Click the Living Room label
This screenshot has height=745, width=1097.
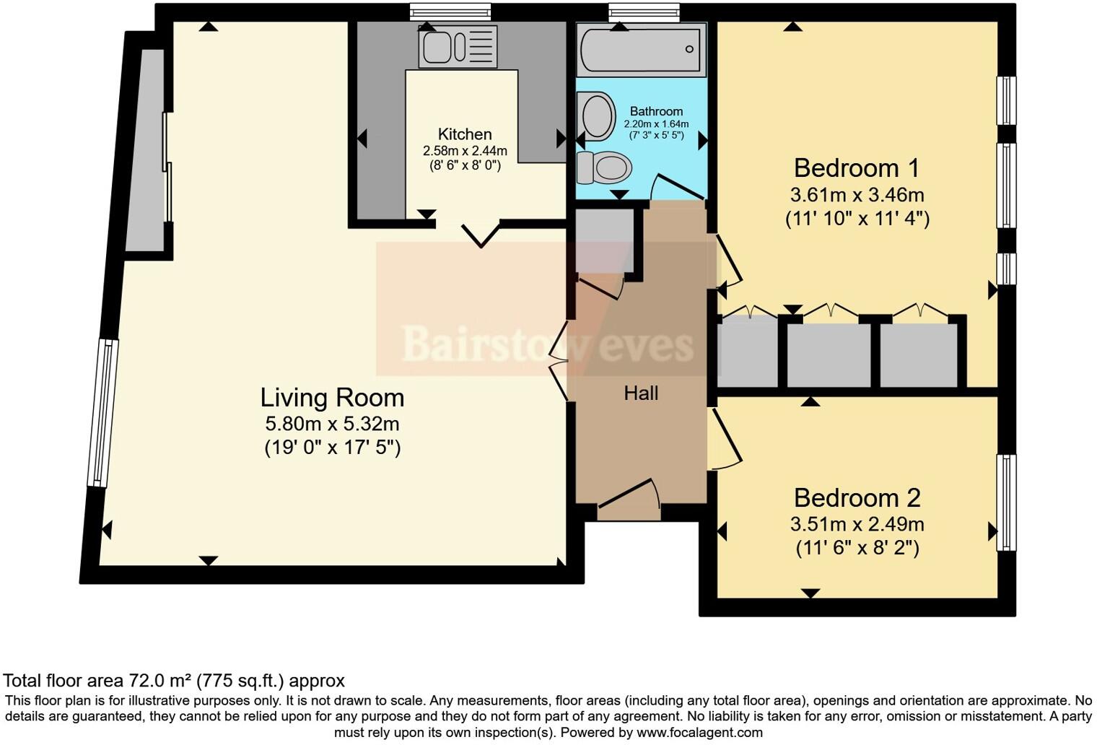click(332, 398)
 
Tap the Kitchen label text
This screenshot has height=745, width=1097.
click(465, 134)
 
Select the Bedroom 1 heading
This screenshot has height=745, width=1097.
click(857, 168)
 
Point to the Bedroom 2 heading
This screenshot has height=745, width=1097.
click(857, 498)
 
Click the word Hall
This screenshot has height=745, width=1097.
click(641, 393)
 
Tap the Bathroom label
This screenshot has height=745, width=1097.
click(656, 111)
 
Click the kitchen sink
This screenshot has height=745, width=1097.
click(458, 47)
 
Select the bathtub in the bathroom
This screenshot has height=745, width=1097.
click(641, 49)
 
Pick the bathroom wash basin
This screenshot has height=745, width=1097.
click(597, 116)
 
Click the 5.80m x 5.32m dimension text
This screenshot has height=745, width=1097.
click(332, 424)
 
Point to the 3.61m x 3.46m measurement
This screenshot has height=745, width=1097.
click(857, 195)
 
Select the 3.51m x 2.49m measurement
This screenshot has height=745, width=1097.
click(857, 525)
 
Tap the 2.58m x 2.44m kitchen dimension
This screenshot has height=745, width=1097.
click(465, 151)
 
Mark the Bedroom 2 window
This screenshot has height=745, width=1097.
click(1005, 502)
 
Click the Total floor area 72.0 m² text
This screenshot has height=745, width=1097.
click(174, 681)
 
